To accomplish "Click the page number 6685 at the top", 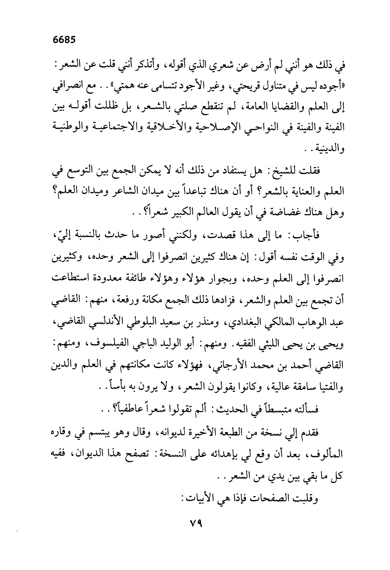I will (65, 41).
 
